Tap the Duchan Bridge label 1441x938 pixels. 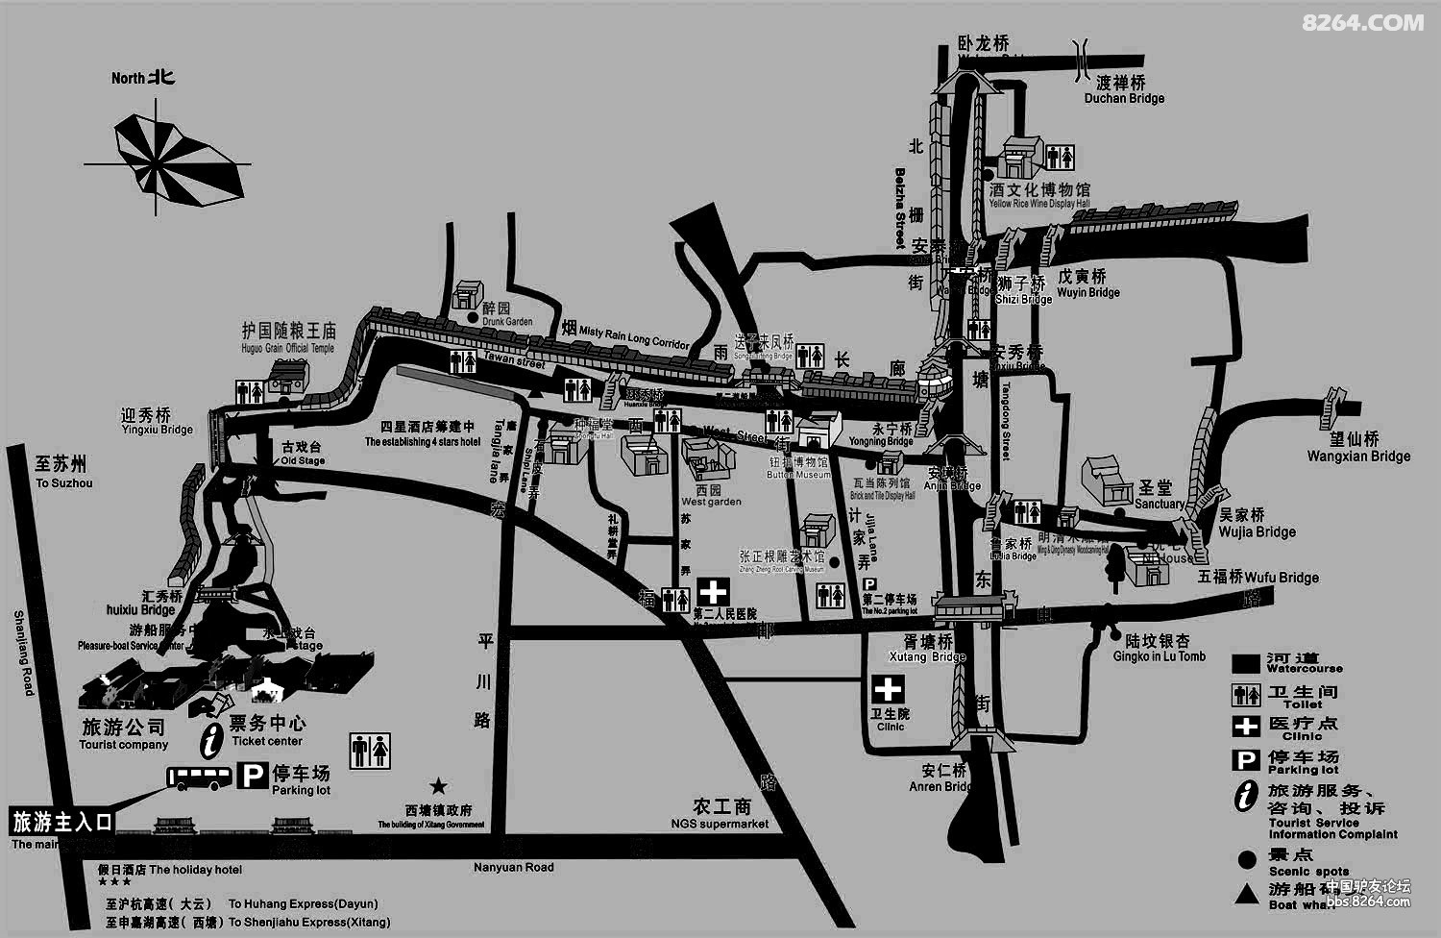(1124, 98)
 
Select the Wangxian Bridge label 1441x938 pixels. (1358, 457)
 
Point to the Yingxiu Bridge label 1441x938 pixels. (158, 430)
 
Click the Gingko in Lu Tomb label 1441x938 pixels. (1159, 656)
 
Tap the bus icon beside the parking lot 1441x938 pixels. (200, 778)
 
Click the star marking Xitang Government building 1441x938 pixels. (438, 785)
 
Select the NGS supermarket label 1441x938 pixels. (720, 824)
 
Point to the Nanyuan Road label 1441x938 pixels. (514, 867)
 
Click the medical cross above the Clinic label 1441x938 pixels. (888, 689)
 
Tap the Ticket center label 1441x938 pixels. (267, 741)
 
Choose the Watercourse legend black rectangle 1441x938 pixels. (1246, 664)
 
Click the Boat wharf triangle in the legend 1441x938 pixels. (1247, 894)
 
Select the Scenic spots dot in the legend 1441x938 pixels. (1247, 859)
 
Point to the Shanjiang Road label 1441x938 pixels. (24, 654)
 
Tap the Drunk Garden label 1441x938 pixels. (507, 322)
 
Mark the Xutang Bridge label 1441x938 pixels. (927, 657)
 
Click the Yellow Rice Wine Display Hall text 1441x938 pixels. (1039, 204)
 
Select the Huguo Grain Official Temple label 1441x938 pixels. (287, 348)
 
